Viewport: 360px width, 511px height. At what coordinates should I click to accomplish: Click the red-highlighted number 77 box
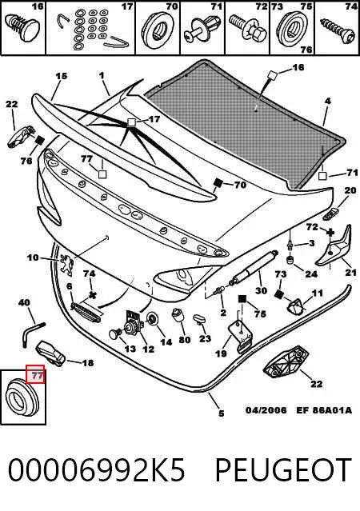[35, 374]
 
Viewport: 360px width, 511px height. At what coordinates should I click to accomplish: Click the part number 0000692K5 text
[96, 470]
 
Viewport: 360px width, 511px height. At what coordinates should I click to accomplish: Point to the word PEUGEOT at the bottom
[283, 470]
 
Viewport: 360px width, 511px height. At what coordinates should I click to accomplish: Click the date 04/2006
[266, 409]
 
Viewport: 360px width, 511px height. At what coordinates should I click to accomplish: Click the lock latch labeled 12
[134, 322]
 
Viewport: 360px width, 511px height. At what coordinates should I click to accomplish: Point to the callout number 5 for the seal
[221, 413]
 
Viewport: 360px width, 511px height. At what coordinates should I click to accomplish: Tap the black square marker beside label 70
[217, 183]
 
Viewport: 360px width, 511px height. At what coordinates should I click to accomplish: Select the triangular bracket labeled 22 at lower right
[286, 361]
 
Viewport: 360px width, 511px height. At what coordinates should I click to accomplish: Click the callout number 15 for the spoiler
[61, 76]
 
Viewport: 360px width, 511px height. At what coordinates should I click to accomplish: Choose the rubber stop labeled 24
[290, 261]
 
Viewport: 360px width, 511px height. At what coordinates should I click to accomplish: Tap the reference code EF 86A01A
[324, 409]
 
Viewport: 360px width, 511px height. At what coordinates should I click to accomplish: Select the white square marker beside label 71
[322, 176]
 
